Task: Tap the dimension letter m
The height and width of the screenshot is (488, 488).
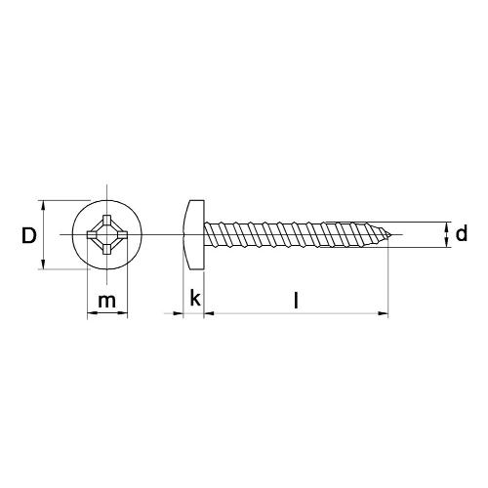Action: (x=107, y=301)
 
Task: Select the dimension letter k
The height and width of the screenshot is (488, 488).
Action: (x=196, y=298)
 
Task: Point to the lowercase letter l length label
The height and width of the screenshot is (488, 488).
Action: (x=296, y=301)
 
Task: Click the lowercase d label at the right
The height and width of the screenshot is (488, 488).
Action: (x=462, y=234)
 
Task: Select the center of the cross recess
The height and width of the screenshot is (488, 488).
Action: (x=105, y=235)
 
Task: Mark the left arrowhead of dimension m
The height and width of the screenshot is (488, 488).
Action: (x=90, y=314)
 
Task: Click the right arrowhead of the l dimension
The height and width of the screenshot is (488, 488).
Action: (x=386, y=314)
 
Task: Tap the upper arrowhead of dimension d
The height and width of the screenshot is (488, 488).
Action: (x=448, y=225)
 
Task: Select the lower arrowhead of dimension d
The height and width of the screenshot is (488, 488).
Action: (x=448, y=245)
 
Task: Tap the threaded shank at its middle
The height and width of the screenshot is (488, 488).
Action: (x=293, y=235)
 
